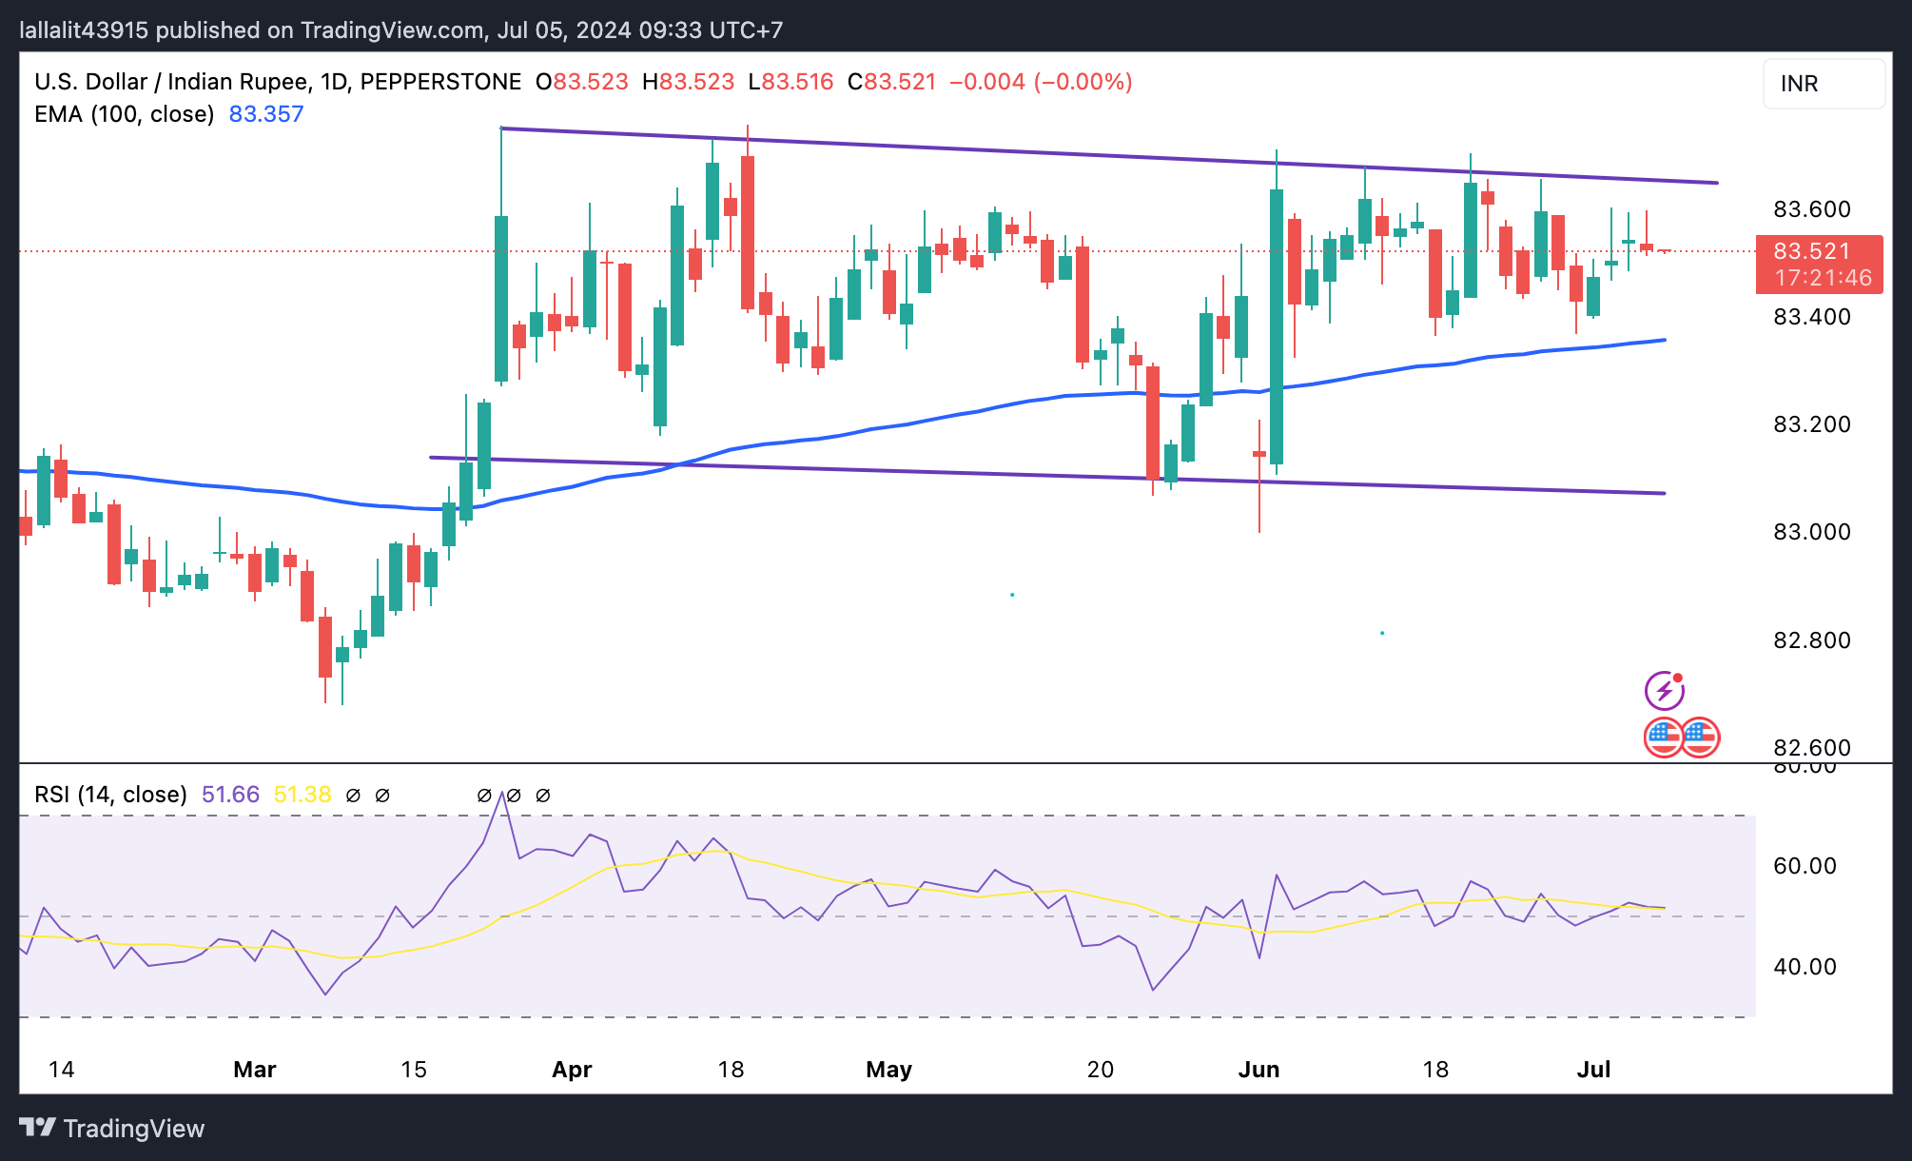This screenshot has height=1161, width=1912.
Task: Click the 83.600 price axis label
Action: (1811, 209)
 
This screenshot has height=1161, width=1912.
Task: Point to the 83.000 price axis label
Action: (1811, 532)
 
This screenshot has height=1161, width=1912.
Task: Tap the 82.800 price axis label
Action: (1811, 640)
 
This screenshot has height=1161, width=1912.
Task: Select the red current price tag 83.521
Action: (1818, 252)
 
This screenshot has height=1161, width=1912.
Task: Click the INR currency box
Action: (1823, 84)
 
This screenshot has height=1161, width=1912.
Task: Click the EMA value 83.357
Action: (266, 114)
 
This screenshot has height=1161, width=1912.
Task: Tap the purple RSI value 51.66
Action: (230, 795)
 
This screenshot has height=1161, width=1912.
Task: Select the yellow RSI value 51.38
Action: (302, 795)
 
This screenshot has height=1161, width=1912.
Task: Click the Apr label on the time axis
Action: (572, 1070)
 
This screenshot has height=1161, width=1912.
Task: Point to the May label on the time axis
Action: (888, 1070)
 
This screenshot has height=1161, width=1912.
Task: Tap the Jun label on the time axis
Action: (1258, 1070)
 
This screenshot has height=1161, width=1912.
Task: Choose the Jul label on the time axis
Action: (1593, 1070)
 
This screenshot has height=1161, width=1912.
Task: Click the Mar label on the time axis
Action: (255, 1070)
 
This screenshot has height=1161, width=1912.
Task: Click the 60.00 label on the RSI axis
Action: (1805, 866)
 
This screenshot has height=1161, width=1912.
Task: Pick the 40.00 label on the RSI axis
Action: (1805, 967)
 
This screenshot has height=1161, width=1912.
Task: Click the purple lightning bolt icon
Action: (1665, 691)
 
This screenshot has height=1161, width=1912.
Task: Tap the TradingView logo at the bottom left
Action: (112, 1129)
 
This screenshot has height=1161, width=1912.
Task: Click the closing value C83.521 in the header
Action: (892, 82)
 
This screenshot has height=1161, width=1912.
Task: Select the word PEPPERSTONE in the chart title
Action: (440, 82)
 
